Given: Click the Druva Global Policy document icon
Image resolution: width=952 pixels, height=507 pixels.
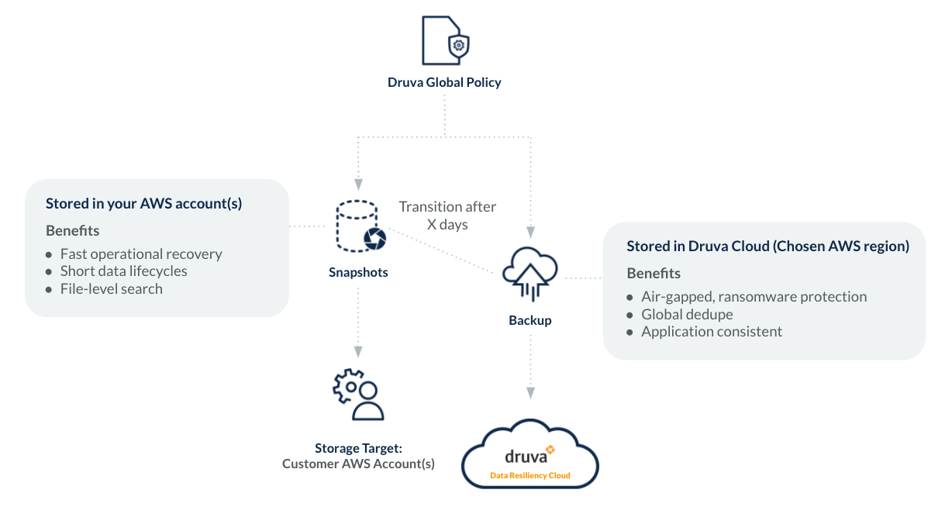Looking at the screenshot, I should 444,41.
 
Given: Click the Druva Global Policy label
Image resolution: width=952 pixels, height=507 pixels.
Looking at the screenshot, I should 444,82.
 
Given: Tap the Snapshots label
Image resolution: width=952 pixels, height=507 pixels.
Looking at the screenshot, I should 358,272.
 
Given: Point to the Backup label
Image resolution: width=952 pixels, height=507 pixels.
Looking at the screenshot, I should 530,320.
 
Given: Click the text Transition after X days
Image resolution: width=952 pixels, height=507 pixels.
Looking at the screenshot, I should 447,216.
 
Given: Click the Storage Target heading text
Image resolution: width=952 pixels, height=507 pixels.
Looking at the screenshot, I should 358,448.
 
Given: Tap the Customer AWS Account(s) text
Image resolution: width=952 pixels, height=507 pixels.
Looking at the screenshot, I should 358,464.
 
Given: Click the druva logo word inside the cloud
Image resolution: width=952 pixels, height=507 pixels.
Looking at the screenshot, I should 526,456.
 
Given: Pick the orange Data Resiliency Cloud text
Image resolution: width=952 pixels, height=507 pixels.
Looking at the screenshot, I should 530,475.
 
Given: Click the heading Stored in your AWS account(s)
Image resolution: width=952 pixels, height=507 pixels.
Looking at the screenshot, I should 144,204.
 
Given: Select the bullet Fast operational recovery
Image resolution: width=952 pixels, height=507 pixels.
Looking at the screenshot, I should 141,254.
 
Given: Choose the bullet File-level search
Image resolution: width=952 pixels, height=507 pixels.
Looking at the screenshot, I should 112,289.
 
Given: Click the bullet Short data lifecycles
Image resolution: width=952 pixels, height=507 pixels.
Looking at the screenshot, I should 124,271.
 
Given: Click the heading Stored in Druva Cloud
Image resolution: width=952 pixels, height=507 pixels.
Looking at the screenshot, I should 767,247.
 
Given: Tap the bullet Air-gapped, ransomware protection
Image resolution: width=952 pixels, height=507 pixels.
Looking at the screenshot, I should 754,297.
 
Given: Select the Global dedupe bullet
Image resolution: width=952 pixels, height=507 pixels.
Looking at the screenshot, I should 687,314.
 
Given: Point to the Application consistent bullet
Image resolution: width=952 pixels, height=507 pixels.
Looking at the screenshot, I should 712,332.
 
